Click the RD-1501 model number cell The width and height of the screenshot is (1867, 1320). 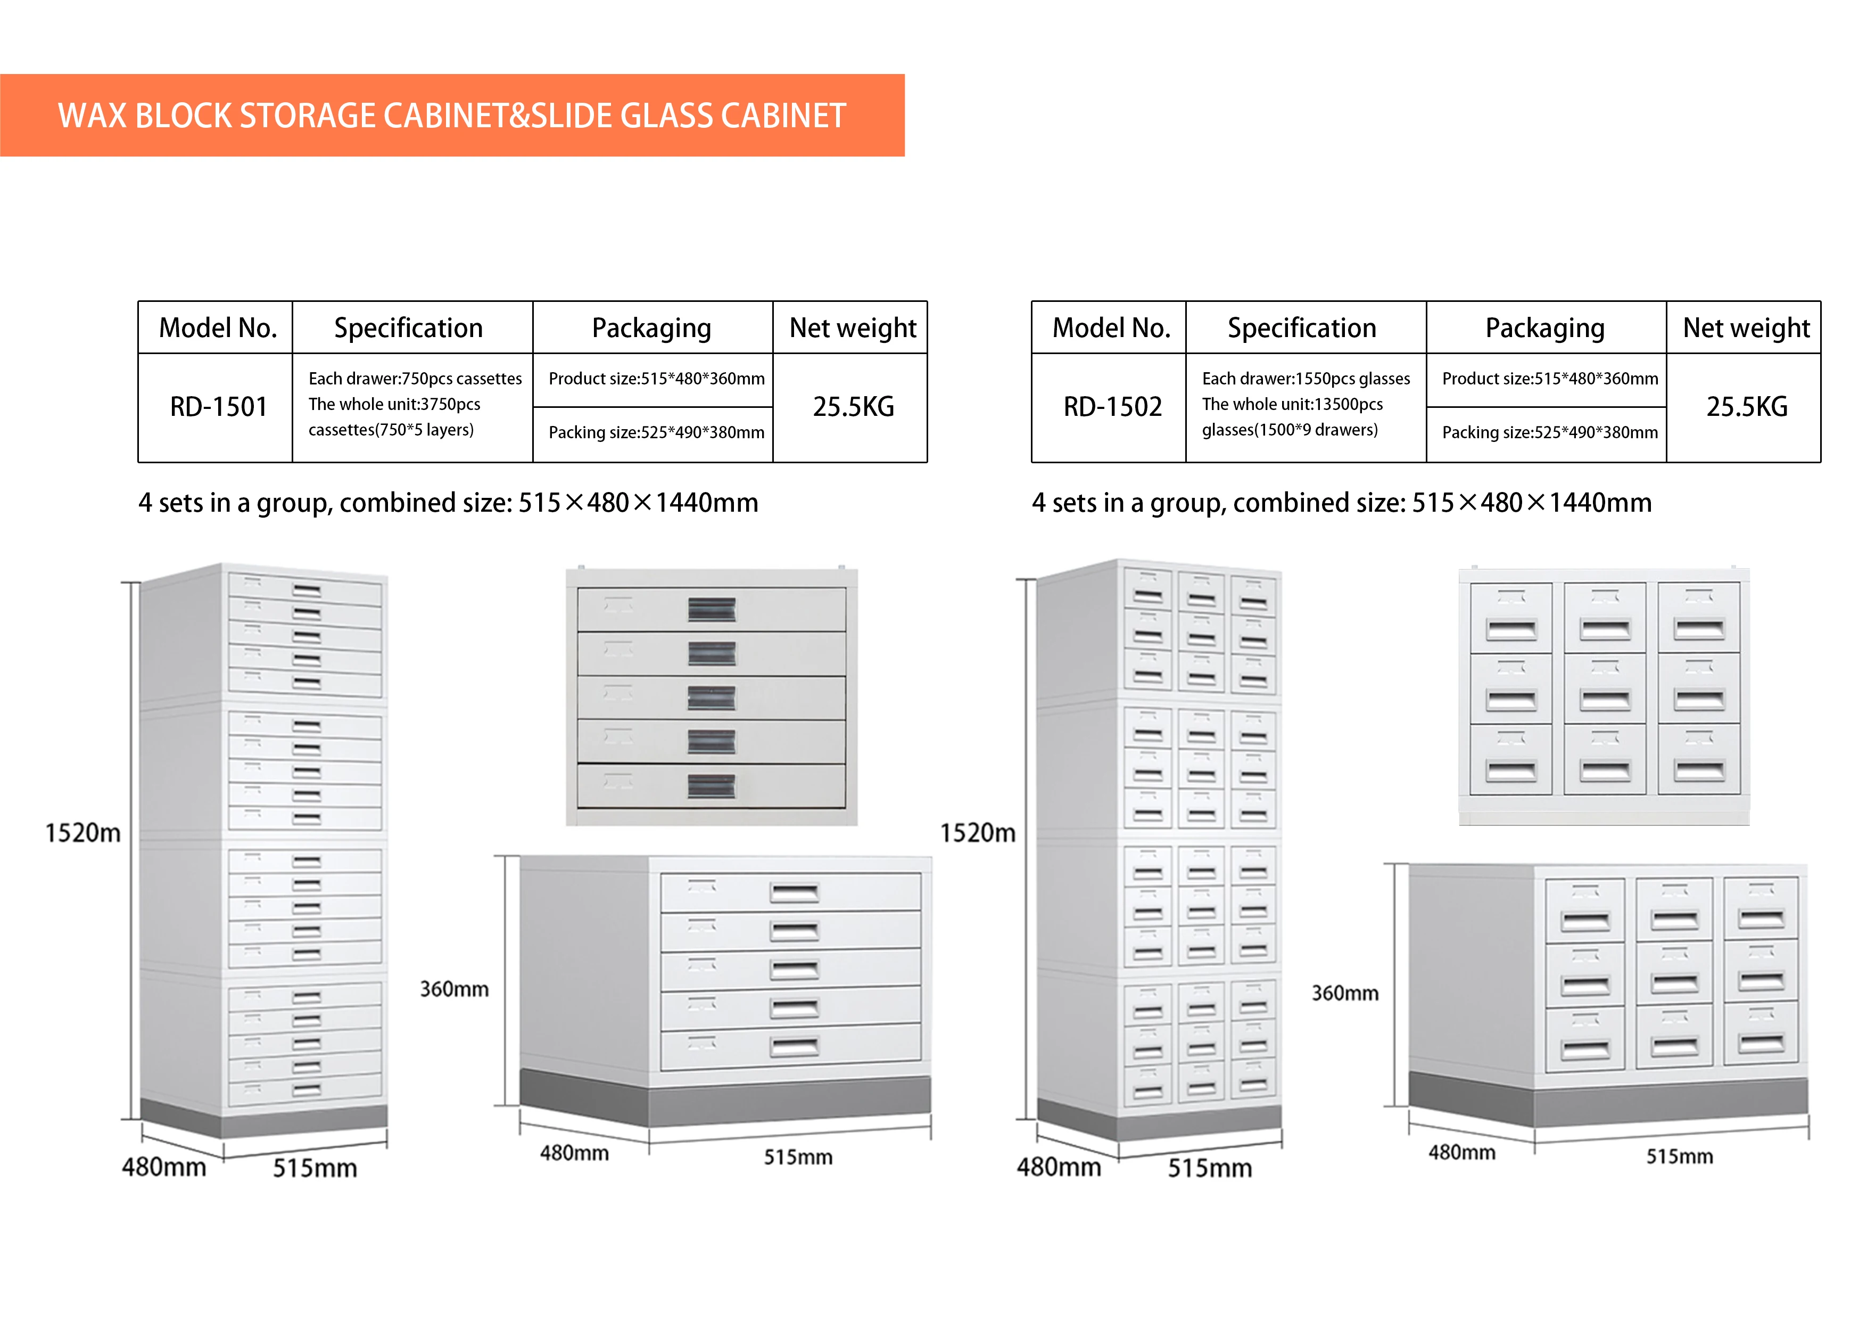pyautogui.click(x=218, y=407)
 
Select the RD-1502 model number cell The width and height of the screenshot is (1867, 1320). pyautogui.click(x=1112, y=407)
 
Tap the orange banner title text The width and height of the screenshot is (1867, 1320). pyautogui.click(x=451, y=116)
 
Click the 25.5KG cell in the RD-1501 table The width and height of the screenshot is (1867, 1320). pyautogui.click(x=853, y=407)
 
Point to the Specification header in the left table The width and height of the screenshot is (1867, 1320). pyautogui.click(x=408, y=328)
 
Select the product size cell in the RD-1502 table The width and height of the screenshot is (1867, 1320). pyautogui.click(x=1549, y=379)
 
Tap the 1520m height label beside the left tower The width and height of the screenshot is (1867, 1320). pyautogui.click(x=82, y=833)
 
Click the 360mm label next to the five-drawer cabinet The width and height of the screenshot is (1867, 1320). pyautogui.click(x=454, y=989)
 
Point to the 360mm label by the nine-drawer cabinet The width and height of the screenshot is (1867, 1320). pyautogui.click(x=1344, y=993)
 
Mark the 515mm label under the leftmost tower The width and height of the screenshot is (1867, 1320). pyautogui.click(x=315, y=1168)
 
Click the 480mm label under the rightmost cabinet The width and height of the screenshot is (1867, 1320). pyautogui.click(x=1461, y=1152)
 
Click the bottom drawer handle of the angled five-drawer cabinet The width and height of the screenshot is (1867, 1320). pyautogui.click(x=795, y=1047)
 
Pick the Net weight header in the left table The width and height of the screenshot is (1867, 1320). pyautogui.click(x=852, y=328)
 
